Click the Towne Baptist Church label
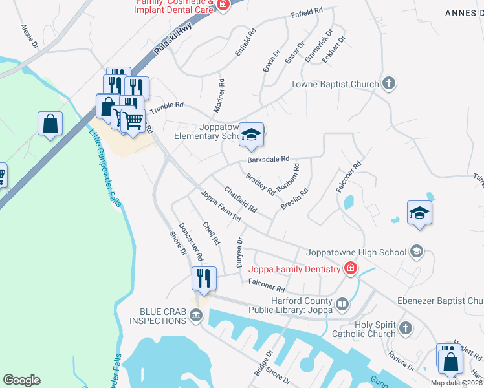pos(334,84)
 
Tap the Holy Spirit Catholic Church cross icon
pos(405,329)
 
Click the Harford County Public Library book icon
pos(342,303)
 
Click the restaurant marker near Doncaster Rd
pos(203,279)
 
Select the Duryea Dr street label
pos(239,249)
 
